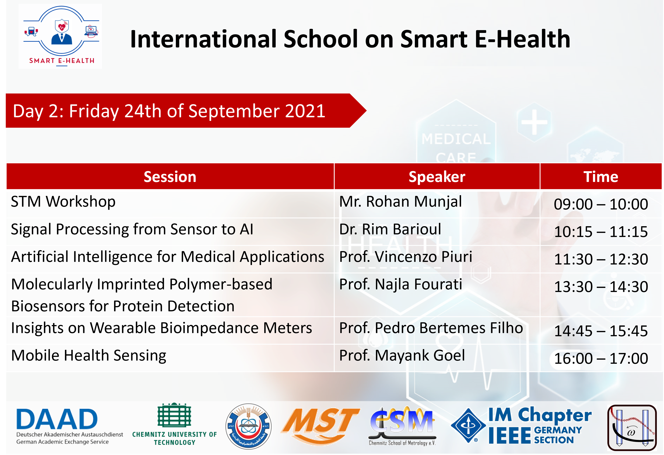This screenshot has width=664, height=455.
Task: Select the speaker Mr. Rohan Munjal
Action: [400, 202]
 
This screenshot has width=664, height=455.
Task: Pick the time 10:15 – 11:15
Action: [601, 232]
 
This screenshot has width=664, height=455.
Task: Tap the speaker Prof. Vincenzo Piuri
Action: [406, 257]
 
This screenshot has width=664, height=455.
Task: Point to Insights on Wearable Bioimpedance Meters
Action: [161, 328]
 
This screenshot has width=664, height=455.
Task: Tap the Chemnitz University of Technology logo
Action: [174, 424]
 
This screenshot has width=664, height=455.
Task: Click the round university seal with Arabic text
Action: [249, 426]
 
